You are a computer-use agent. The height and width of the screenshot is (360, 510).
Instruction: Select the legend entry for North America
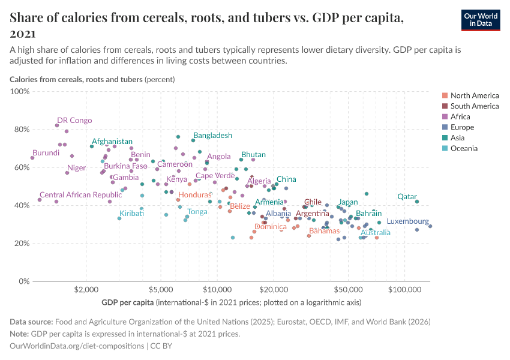click(x=474, y=95)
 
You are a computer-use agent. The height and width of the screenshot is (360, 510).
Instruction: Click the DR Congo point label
click(x=74, y=121)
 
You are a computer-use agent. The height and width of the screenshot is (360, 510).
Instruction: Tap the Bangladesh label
click(x=212, y=136)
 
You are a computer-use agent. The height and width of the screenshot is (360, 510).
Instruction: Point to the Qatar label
click(x=407, y=197)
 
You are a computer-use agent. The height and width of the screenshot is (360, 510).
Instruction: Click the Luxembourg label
click(x=407, y=221)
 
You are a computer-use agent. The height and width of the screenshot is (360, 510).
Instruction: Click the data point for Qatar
click(x=417, y=202)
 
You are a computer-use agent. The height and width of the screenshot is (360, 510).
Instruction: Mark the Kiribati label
click(x=131, y=214)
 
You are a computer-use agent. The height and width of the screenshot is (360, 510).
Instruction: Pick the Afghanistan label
click(x=112, y=142)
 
